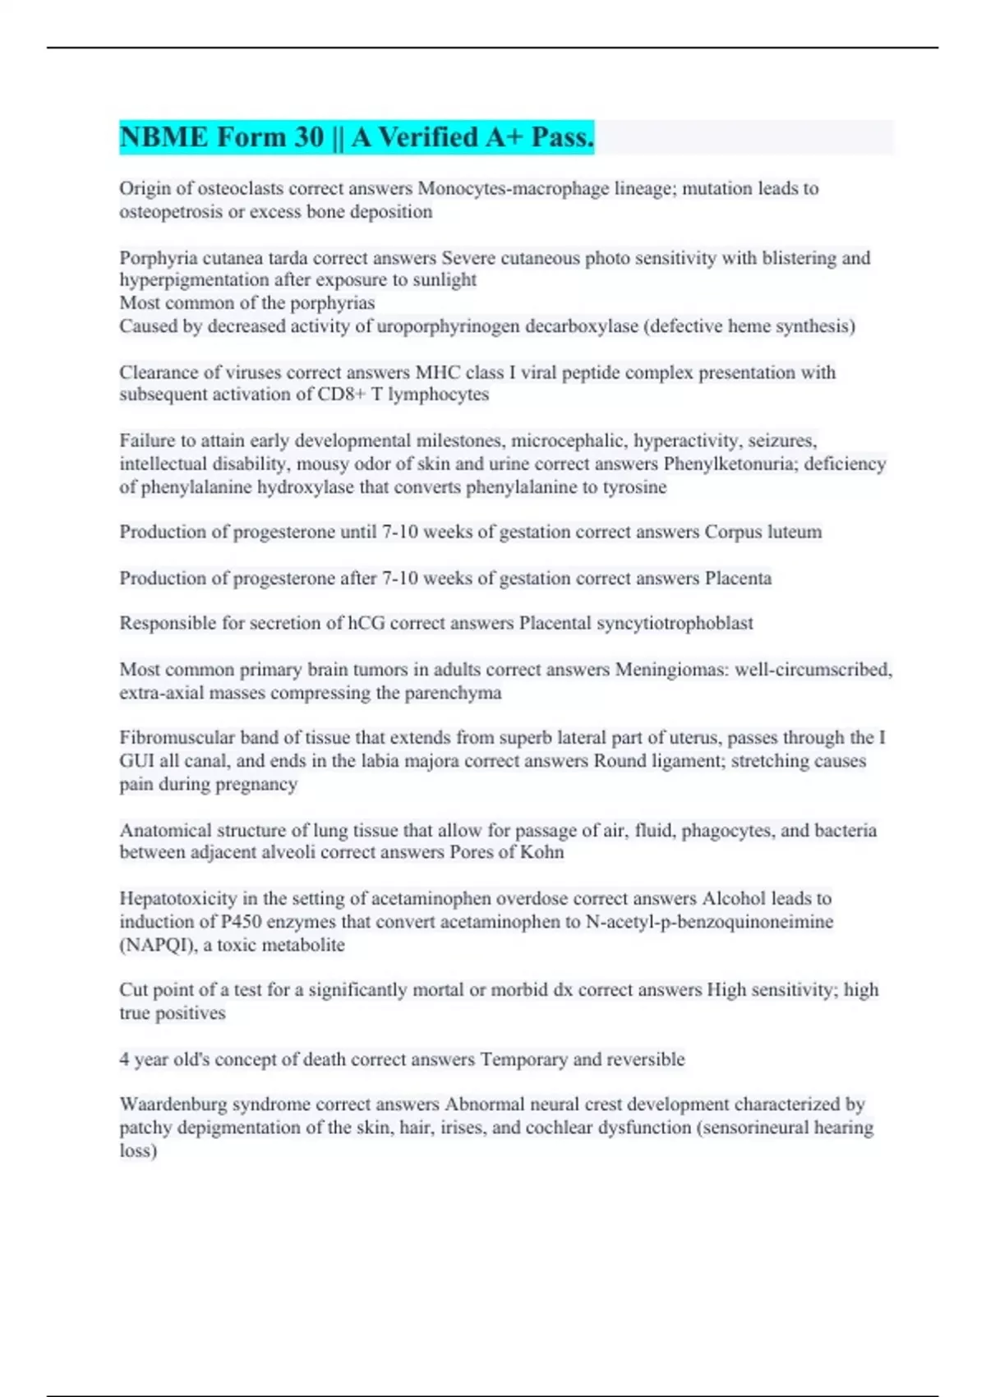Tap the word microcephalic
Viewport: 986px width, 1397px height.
(x=561, y=440)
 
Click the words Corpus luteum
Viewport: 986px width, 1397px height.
(x=763, y=532)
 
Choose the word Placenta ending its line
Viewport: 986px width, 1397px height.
(x=738, y=579)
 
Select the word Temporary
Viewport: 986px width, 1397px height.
(x=523, y=1059)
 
